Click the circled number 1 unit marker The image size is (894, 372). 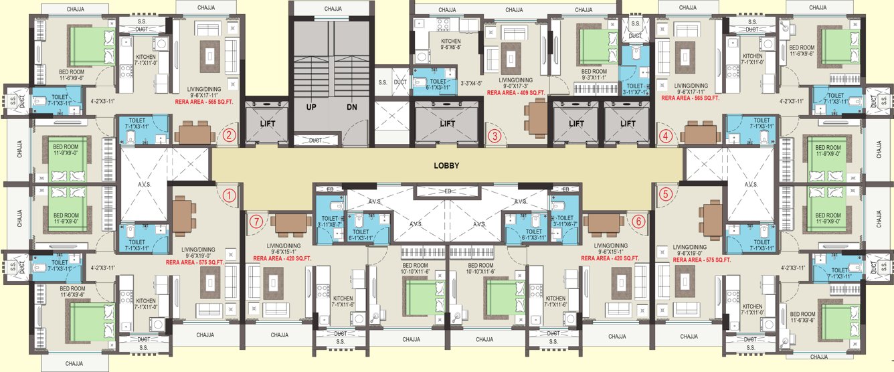229,196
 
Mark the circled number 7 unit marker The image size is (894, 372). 254,221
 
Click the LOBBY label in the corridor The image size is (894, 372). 446,167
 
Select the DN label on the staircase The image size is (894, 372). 353,106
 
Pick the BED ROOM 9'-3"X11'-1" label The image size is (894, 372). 594,74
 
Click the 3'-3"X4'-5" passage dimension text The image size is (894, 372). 476,84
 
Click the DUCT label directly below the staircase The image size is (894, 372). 312,140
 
